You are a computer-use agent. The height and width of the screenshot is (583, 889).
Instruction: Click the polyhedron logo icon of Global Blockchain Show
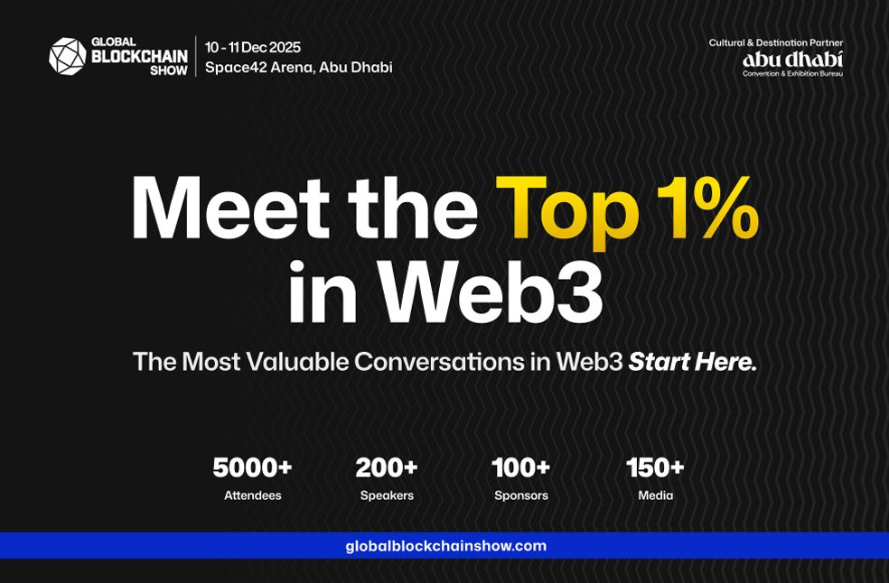68,56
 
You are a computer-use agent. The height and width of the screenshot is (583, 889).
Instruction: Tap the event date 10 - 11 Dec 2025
253,47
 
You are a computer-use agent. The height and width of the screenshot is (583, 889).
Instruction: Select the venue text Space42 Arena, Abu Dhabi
299,68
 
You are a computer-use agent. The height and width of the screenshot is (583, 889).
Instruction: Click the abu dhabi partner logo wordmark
792,59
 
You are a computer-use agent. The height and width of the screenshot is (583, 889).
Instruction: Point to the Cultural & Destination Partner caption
775,42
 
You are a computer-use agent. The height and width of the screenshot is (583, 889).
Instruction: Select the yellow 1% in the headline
707,208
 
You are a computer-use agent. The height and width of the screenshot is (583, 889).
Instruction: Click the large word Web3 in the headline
491,291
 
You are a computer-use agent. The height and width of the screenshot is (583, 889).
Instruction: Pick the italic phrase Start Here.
693,362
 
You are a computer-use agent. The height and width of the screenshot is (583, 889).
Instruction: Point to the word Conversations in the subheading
439,362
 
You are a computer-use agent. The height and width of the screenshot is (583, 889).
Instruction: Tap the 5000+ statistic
252,468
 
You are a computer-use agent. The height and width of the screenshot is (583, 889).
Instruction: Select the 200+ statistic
387,468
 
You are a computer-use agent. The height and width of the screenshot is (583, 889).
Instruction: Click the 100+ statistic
521,468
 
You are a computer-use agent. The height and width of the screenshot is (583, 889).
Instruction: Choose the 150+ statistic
655,468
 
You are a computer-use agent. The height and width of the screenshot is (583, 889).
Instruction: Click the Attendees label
253,495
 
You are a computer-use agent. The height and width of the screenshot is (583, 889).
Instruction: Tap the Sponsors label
521,495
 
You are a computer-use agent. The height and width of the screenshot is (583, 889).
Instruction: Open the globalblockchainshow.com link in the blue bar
446,546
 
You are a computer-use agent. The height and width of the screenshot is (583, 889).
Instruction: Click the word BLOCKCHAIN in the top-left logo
139,57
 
